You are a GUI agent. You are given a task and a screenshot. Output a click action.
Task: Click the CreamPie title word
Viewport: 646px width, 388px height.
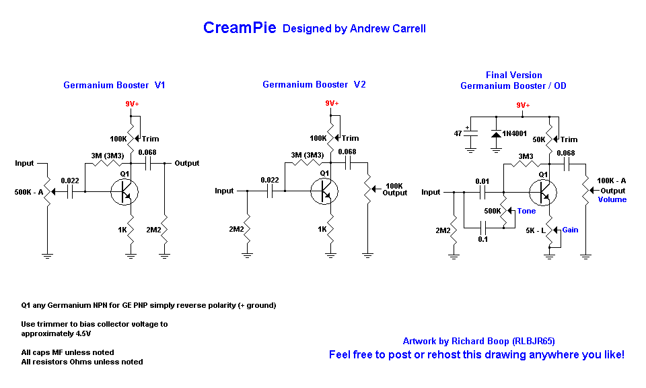coord(240,28)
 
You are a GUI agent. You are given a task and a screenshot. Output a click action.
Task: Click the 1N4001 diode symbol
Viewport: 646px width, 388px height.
coord(497,135)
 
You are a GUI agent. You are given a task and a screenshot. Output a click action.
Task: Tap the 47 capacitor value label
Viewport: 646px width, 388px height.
coord(458,133)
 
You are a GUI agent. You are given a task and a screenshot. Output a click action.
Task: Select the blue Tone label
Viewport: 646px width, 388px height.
coord(526,211)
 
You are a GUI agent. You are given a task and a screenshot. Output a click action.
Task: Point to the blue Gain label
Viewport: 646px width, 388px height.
coord(570,230)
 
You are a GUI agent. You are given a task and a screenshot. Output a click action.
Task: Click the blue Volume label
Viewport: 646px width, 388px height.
coord(612,199)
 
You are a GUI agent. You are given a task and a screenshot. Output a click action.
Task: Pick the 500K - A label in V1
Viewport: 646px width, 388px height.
coord(29,192)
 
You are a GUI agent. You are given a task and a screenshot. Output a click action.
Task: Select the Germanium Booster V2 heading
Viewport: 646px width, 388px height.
coord(314,85)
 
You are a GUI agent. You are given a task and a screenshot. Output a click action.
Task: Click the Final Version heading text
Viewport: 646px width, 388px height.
coord(513,75)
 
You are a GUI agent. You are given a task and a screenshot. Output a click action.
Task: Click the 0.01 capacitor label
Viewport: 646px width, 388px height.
coord(482,181)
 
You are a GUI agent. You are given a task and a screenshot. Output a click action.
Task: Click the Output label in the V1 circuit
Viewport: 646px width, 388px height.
coord(186,163)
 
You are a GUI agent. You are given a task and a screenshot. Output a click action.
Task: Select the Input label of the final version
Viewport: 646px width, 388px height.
coord(431,192)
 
